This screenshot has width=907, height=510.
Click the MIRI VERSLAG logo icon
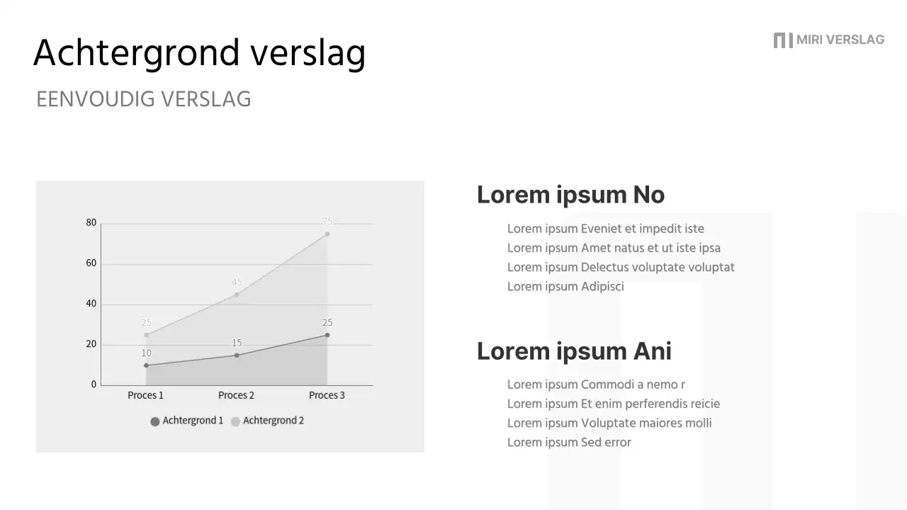[x=782, y=40]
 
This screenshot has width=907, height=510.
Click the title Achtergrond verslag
[x=199, y=53]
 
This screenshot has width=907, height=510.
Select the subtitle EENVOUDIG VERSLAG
[x=144, y=99]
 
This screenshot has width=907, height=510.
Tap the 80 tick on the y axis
[x=91, y=222]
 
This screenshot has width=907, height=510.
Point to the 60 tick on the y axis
[x=91, y=263]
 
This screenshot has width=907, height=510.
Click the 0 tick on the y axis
[x=94, y=385]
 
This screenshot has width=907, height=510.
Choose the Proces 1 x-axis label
[x=145, y=395]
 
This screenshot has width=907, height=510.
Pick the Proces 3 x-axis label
[x=327, y=395]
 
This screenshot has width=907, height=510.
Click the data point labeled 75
[x=327, y=234]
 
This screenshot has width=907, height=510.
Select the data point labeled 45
[x=237, y=295]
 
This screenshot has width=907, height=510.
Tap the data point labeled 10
[x=147, y=365]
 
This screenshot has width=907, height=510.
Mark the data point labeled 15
[x=237, y=356]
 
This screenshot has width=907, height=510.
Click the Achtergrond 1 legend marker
[x=155, y=421]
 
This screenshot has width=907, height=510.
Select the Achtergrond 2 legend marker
[x=235, y=421]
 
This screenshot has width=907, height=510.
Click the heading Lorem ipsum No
[x=570, y=195]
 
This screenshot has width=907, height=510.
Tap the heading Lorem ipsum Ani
[x=574, y=351]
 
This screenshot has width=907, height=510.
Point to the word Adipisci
[x=602, y=287]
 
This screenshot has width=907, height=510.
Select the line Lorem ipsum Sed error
[x=569, y=443]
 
